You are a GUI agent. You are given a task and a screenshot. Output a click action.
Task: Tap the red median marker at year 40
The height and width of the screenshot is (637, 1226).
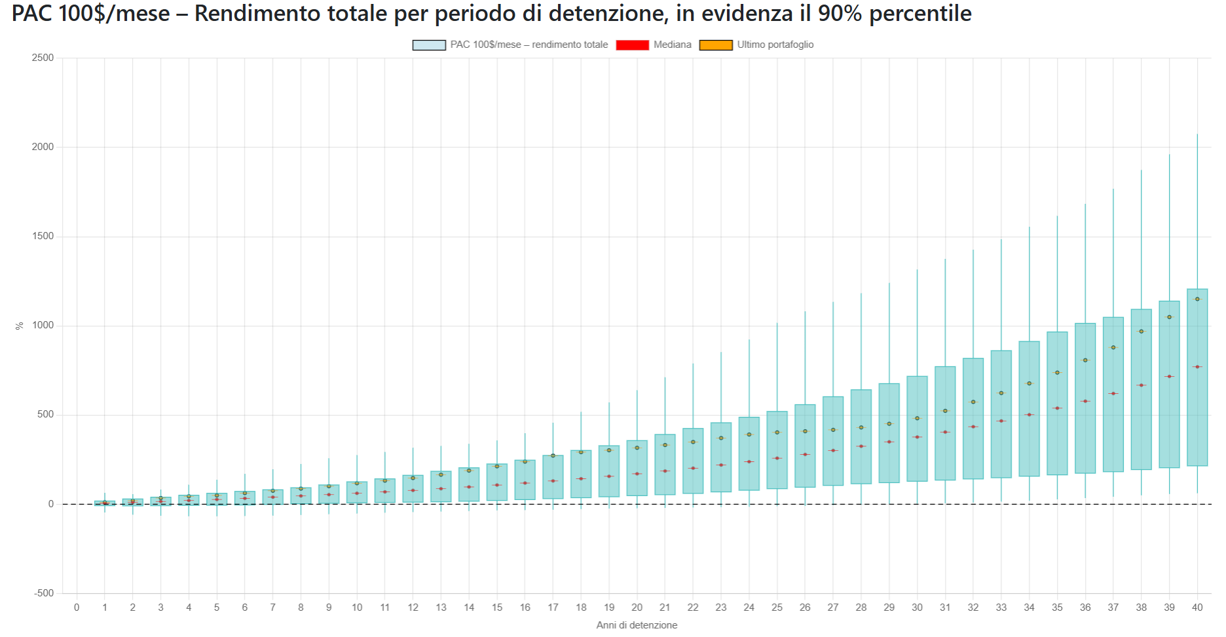pyautogui.click(x=1197, y=367)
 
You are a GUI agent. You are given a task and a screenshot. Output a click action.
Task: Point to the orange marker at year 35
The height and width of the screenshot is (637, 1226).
pyautogui.click(x=1057, y=372)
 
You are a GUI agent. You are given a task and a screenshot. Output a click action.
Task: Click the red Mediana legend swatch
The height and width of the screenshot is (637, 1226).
pyautogui.click(x=632, y=45)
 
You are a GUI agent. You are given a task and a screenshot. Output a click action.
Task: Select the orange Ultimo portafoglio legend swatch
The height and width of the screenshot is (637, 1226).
pyautogui.click(x=716, y=45)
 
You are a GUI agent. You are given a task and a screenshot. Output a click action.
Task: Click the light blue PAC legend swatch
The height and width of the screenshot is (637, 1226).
pyautogui.click(x=429, y=45)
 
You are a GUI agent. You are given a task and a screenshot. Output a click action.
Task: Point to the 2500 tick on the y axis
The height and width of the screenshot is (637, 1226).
pyautogui.click(x=43, y=58)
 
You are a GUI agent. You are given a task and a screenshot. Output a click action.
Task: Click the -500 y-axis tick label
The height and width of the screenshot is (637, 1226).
pyautogui.click(x=43, y=593)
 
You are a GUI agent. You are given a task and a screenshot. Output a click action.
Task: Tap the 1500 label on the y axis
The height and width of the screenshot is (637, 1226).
pyautogui.click(x=43, y=236)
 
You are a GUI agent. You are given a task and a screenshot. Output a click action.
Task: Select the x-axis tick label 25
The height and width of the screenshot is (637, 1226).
pyautogui.click(x=777, y=608)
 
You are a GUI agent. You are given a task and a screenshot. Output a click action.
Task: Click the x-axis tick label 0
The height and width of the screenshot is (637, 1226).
pyautogui.click(x=77, y=608)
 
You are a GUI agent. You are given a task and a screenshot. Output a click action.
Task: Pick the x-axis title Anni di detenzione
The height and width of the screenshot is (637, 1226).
pyautogui.click(x=637, y=625)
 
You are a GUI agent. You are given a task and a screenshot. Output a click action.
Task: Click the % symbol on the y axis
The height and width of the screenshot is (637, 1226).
pyautogui.click(x=20, y=326)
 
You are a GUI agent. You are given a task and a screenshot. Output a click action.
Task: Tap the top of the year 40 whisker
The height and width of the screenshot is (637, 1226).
pyautogui.click(x=1197, y=134)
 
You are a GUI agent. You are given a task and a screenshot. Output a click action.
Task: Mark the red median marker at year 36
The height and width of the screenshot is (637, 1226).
pyautogui.click(x=1085, y=401)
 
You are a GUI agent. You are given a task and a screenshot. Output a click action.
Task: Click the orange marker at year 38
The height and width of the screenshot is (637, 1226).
pyautogui.click(x=1142, y=332)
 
